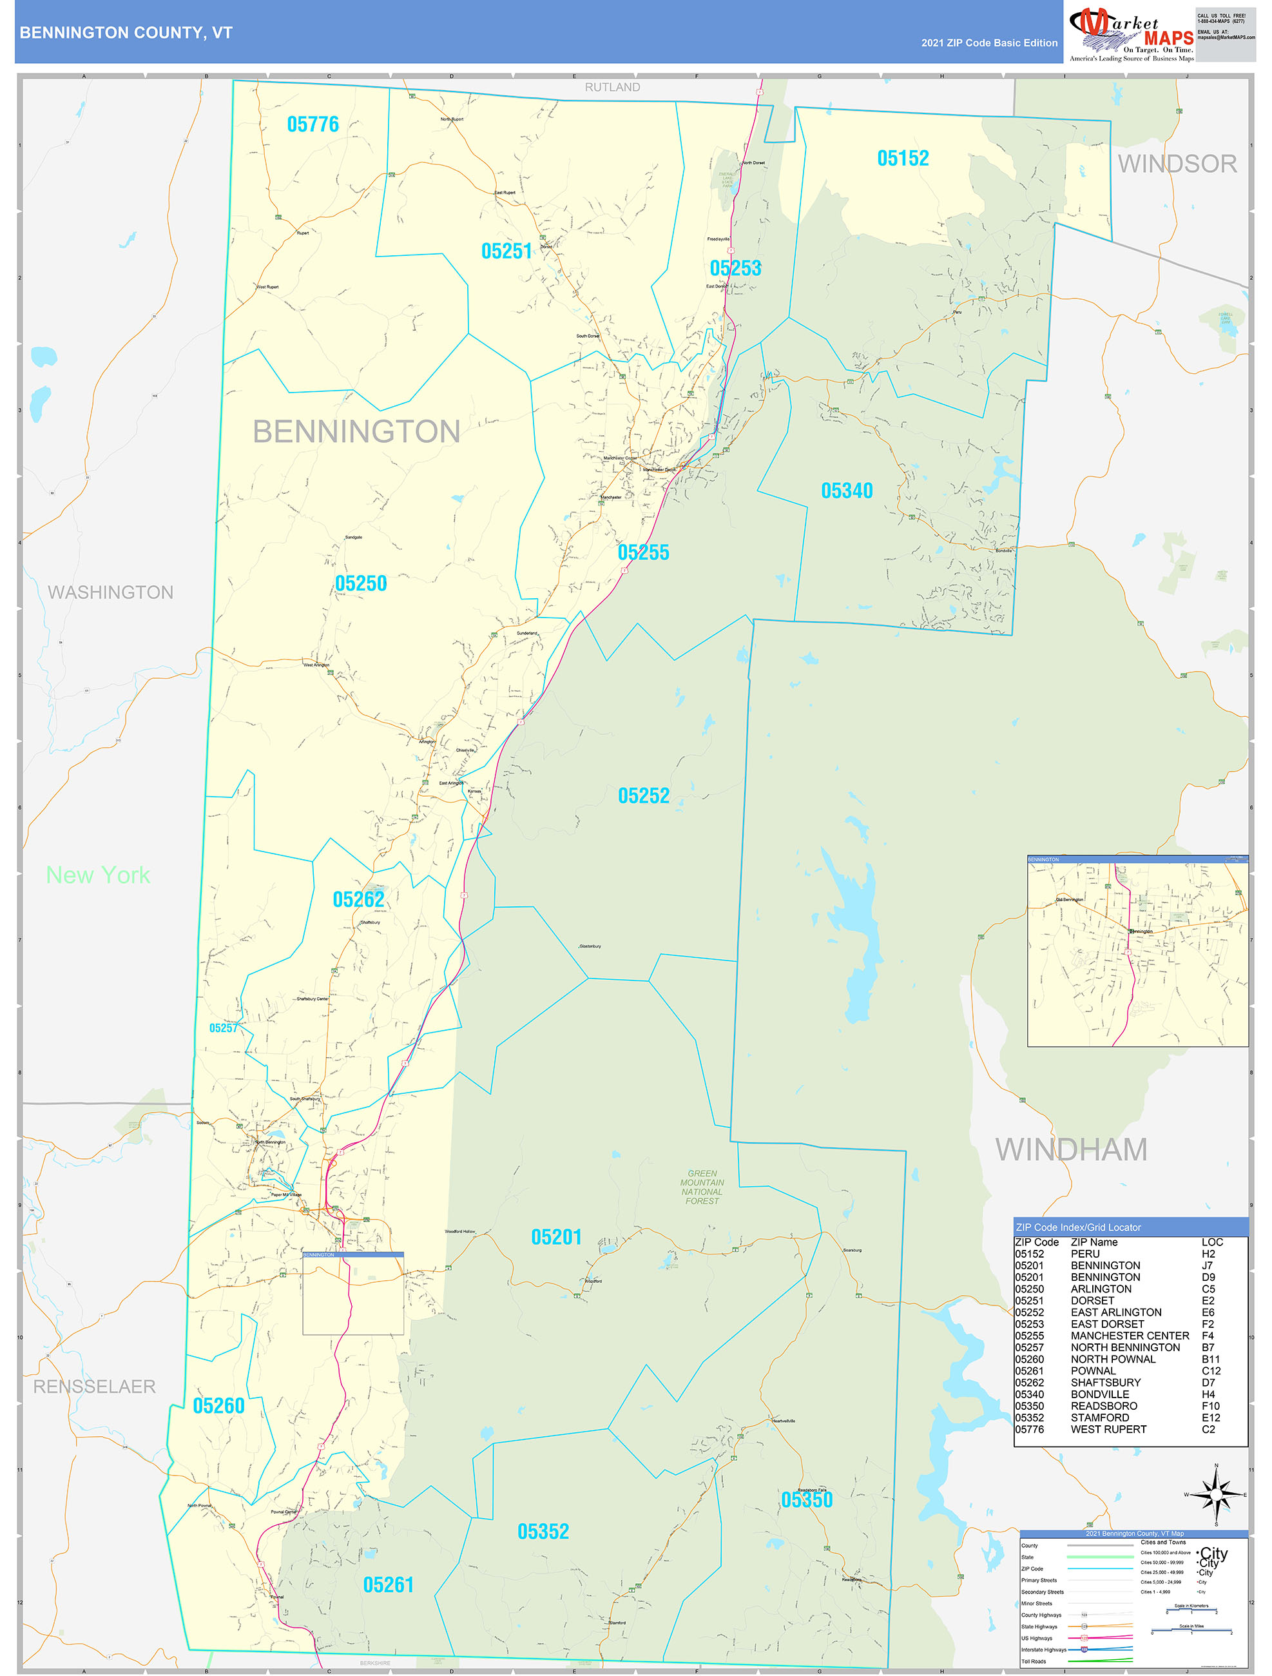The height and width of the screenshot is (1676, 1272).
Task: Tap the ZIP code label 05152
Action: (902, 159)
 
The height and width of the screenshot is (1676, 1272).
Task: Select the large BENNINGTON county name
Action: (356, 432)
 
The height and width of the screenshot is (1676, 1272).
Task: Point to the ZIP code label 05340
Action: (846, 491)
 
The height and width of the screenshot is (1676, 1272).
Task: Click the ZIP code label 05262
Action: (358, 899)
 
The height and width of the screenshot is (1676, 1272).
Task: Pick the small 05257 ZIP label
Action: (223, 1028)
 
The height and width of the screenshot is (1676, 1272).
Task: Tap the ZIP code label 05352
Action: (543, 1531)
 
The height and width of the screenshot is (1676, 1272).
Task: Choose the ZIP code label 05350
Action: (806, 1499)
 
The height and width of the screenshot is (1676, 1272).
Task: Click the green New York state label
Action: (98, 875)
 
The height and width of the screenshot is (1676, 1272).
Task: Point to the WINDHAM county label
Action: (1070, 1149)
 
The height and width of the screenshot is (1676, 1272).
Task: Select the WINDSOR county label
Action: (1177, 164)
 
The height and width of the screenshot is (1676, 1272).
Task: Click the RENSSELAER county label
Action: (94, 1387)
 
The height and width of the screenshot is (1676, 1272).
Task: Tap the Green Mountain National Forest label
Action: (702, 1187)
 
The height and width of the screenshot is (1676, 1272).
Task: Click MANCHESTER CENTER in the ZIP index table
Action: (1130, 1336)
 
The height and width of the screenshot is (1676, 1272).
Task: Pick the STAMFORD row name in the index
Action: (1099, 1418)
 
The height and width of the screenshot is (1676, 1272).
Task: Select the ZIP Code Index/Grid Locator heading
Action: (1077, 1227)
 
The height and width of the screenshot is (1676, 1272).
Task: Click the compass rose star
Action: (1216, 1495)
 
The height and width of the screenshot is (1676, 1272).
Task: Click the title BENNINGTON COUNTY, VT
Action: (126, 33)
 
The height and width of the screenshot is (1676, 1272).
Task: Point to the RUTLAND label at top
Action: (612, 87)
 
